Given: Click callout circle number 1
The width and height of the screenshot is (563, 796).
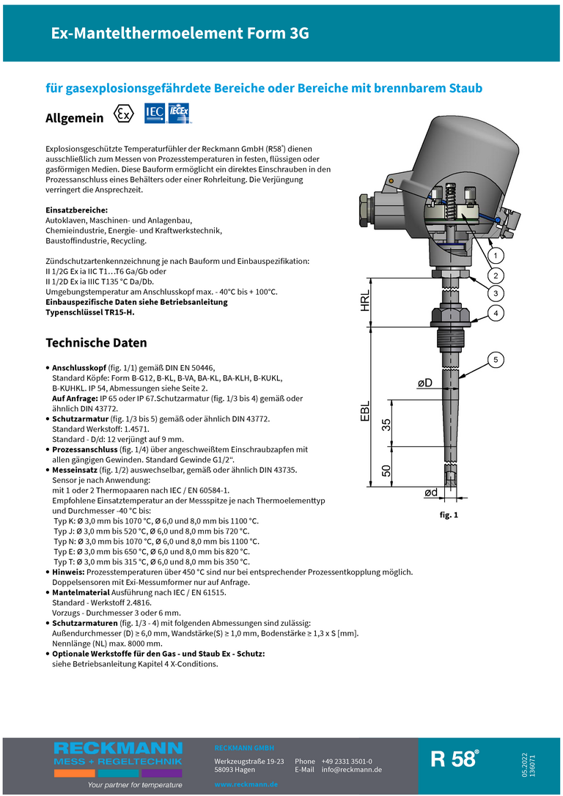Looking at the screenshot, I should coord(496,256).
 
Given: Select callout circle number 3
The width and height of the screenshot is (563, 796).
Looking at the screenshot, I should coord(496,293).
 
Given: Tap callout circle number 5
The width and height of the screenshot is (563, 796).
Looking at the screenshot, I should coord(496,359).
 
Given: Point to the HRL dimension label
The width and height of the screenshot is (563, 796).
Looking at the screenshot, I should coord(366,301).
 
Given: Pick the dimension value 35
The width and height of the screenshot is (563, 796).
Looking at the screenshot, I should coord(386,424).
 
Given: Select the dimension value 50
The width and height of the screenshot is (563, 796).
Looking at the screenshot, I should coord(386,470).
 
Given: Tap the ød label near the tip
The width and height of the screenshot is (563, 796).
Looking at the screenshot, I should coord(432,493).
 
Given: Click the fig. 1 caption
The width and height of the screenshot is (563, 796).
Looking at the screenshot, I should coord(449,515).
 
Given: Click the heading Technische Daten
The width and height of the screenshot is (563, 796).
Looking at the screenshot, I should coord(96,343).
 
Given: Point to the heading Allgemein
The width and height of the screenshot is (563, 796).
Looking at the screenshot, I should coord(75,117).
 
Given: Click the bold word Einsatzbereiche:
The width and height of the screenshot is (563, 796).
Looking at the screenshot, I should coord(76,210).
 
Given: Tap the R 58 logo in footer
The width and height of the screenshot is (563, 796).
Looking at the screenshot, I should coord(455,759).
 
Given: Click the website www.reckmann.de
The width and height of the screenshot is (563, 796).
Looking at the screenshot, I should coord(246,784).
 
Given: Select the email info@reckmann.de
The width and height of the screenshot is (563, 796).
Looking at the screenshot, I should coord(352,770).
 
